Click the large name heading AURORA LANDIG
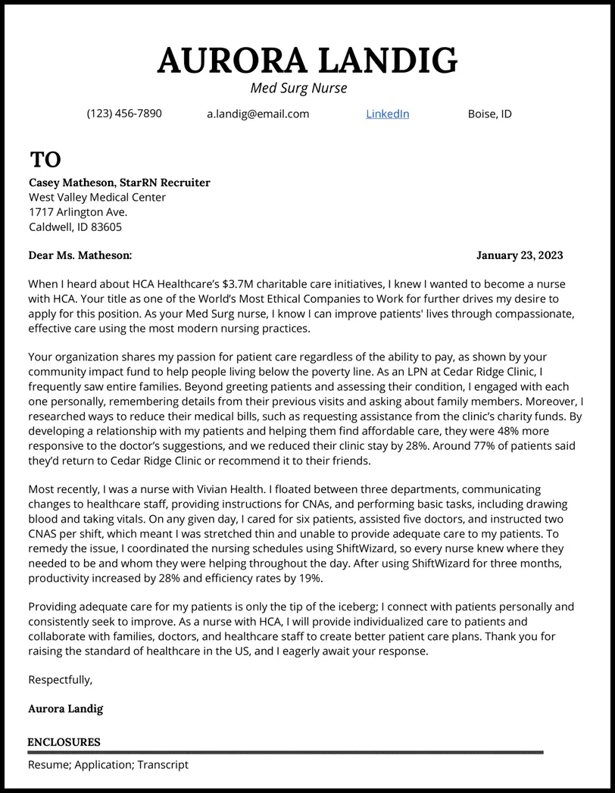[x=307, y=61]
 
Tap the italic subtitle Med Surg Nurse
[x=298, y=89]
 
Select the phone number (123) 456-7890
[x=123, y=114]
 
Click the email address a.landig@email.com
[x=258, y=114]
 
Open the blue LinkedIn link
[x=387, y=114]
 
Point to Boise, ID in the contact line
[x=489, y=114]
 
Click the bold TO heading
[x=45, y=160]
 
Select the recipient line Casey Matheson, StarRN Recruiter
[x=119, y=183]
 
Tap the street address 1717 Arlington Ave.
[x=78, y=212]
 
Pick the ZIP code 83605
[x=106, y=226]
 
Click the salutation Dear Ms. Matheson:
[x=80, y=255]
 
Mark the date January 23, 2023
[x=519, y=255]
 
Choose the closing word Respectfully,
[x=60, y=679]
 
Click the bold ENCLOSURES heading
[x=64, y=742]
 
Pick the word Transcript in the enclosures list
[x=162, y=765]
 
